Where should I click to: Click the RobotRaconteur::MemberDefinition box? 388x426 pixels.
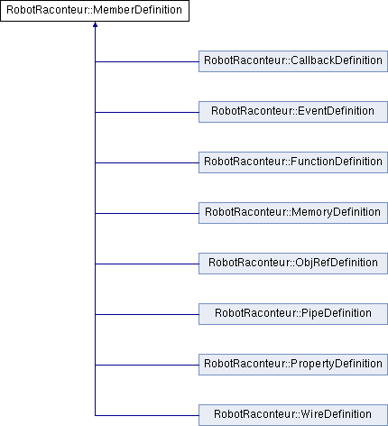[x=95, y=11]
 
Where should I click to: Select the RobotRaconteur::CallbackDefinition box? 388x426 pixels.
[x=293, y=61]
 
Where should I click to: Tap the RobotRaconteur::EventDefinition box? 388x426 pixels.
[x=293, y=112]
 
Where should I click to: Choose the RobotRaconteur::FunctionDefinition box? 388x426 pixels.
[x=293, y=162]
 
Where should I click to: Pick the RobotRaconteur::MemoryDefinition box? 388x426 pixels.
[x=293, y=213]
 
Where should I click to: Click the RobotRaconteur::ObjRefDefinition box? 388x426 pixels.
[x=293, y=264]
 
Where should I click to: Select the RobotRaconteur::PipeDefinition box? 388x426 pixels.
[x=293, y=314]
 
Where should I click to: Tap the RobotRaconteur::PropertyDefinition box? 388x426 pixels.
[x=293, y=365]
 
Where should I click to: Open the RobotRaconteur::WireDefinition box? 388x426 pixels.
[x=293, y=415]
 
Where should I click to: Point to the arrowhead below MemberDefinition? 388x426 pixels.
[x=95, y=24]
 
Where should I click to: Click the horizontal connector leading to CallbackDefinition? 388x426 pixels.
[x=147, y=62]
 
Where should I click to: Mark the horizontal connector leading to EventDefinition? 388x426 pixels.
[x=147, y=113]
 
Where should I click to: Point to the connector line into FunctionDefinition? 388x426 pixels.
[x=147, y=163]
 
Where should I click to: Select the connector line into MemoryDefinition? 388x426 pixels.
[x=147, y=214]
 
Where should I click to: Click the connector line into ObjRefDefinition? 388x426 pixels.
[x=147, y=264]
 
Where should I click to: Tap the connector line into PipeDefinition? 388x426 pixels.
[x=147, y=315]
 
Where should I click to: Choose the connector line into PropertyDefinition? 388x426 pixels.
[x=147, y=366]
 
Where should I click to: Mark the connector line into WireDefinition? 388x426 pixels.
[x=147, y=416]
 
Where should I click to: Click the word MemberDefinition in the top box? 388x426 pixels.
[x=137, y=10]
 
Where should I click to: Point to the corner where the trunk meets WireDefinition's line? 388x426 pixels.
[x=95, y=416]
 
